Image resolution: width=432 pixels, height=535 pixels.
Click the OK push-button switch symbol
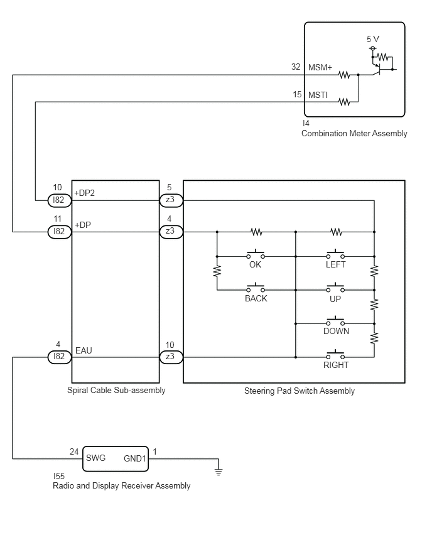256,254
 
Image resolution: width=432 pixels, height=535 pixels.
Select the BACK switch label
256,298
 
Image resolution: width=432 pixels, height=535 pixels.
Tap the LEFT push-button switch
335,254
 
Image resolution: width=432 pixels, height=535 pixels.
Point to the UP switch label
335,299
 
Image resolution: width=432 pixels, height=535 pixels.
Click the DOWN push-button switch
335,321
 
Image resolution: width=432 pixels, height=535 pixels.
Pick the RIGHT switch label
336,365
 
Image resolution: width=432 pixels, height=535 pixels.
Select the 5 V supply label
373,39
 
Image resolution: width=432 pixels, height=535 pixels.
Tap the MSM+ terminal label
320,67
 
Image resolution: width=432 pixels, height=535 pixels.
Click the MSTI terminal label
318,95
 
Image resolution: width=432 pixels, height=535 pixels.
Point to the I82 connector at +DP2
59,200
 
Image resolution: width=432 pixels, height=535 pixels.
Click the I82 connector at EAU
59,357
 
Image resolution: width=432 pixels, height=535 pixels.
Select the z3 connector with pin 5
171,200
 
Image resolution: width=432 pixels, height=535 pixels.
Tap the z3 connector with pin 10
171,357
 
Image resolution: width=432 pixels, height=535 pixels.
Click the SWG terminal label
95,458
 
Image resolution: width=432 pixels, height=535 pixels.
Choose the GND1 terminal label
135,458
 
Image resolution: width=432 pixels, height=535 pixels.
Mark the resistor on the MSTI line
344,102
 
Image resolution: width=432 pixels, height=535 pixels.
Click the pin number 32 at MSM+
296,67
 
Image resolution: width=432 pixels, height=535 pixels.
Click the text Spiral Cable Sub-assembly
116,391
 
